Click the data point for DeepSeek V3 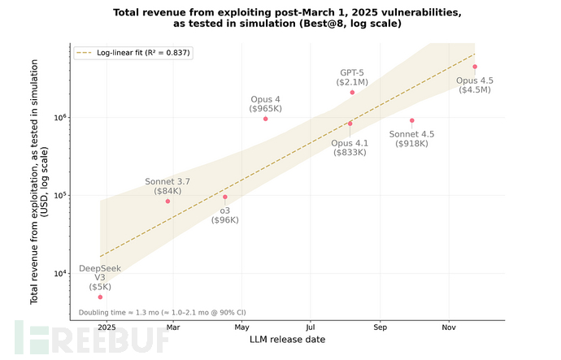[x=100, y=297]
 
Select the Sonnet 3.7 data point [x=167, y=201]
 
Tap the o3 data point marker [x=225, y=197]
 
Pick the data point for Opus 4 [x=265, y=119]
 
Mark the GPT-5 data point [x=352, y=93]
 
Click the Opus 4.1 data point [x=350, y=124]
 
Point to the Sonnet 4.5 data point [x=412, y=120]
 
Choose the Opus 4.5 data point [x=475, y=67]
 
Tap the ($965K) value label [x=265, y=108]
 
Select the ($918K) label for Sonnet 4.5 [x=412, y=144]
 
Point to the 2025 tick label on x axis [x=106, y=327]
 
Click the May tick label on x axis [x=241, y=327]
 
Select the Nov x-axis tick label [x=448, y=327]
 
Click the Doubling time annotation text [x=163, y=312]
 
